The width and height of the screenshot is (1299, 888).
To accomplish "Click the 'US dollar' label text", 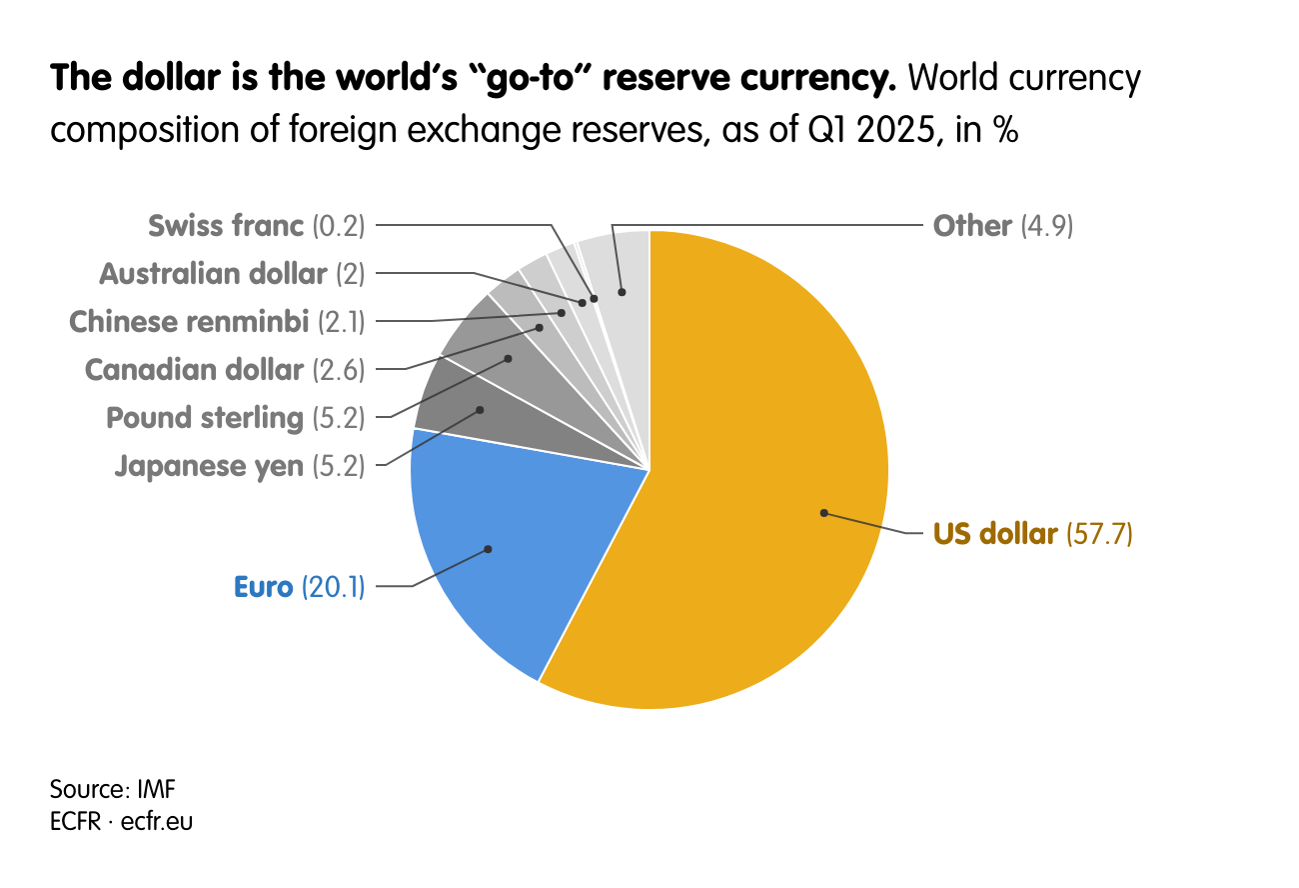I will coord(994,534).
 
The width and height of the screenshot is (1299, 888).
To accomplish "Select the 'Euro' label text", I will coord(264,586).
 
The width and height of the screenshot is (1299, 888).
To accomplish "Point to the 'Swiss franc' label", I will coord(226,226).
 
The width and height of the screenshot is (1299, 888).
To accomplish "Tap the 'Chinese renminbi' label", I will coord(189,322).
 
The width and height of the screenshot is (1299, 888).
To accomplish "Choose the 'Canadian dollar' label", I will coord(194,370).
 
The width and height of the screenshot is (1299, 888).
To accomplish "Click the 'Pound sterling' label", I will coord(205,418).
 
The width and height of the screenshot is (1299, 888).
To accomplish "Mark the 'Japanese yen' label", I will coord(209,466).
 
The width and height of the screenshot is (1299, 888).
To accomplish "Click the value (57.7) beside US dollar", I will coord(1099,534).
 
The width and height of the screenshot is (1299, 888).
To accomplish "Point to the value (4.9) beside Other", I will coord(1046,226).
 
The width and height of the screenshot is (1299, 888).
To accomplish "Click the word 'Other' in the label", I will coord(972,226).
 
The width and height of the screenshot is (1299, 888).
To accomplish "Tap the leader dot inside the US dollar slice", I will coord(824,513).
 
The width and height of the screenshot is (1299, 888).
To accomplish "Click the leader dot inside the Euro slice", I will coord(489,549).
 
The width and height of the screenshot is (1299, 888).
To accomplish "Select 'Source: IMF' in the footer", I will coord(113,789).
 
